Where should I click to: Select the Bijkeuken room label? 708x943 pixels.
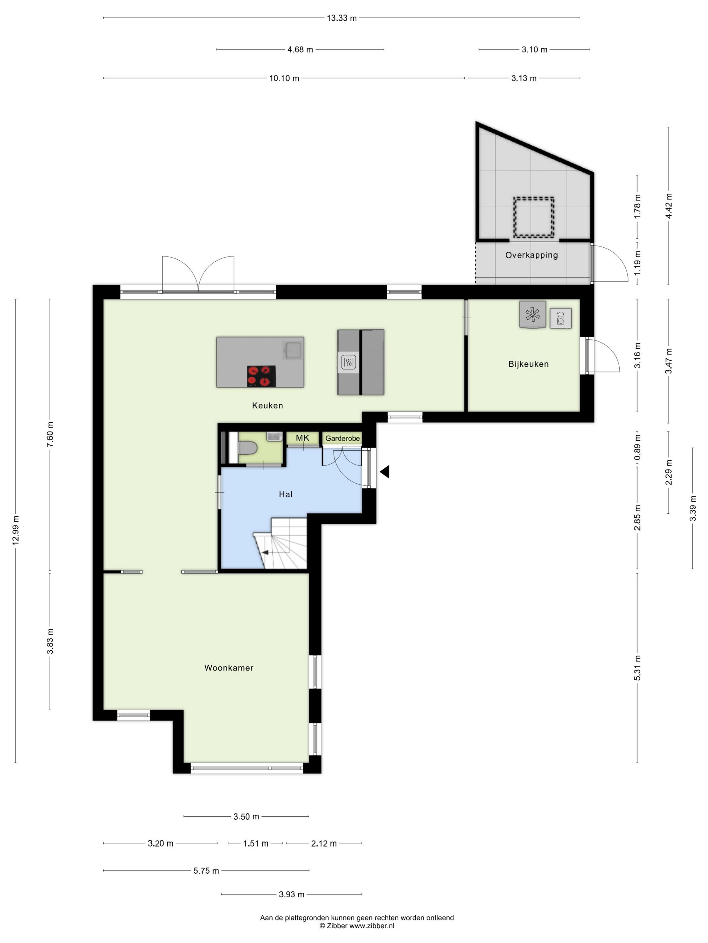[528, 364]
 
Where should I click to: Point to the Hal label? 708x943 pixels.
[286, 494]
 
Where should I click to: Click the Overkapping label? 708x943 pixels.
[531, 255]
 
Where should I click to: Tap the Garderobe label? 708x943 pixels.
[342, 438]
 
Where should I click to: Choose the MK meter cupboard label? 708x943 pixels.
[302, 438]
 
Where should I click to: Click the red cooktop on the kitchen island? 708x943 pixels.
[261, 376]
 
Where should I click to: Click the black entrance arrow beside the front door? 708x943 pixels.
[385, 471]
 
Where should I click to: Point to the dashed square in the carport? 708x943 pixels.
[533, 218]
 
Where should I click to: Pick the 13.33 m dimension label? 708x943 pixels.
[342, 18]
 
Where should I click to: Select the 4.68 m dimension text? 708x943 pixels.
[300, 50]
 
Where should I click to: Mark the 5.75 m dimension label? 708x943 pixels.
[206, 871]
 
